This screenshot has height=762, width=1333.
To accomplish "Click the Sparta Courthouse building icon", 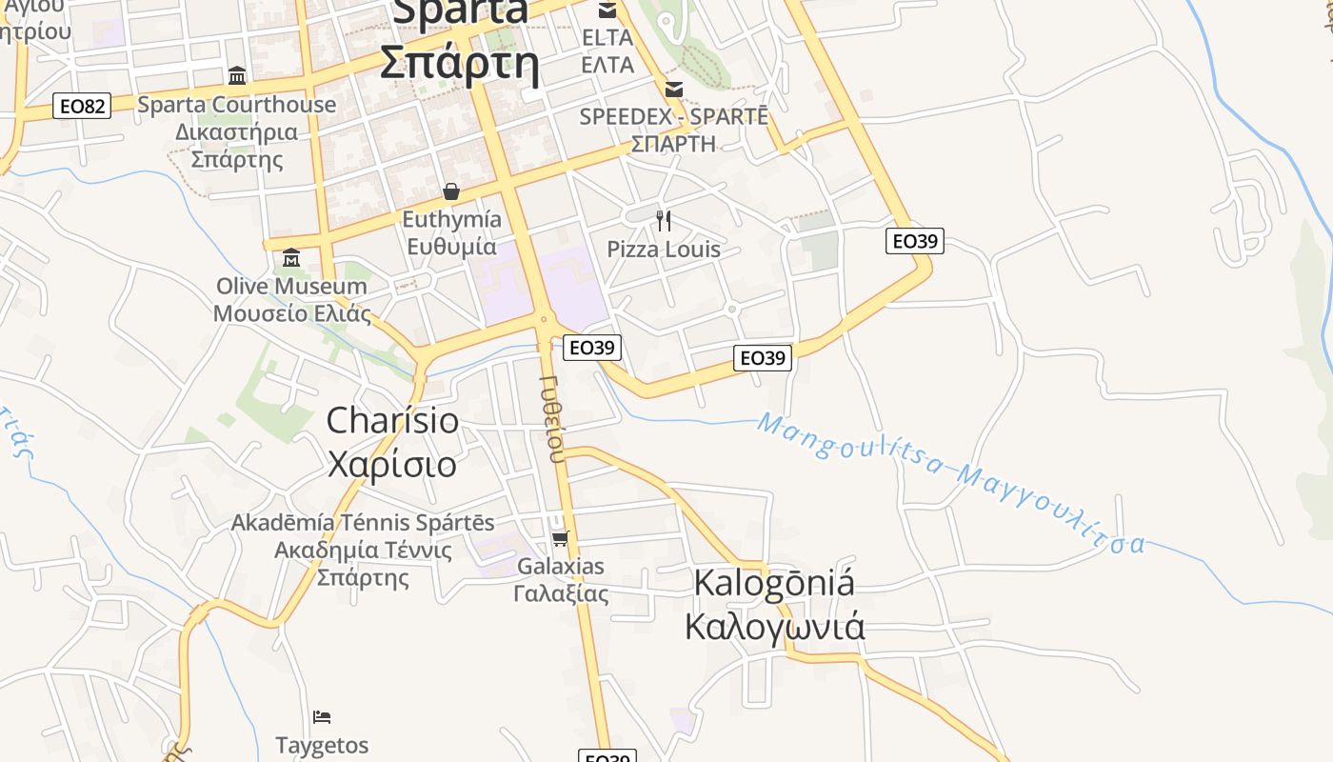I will [237, 75].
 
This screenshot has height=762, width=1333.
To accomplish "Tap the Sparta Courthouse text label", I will [237, 105].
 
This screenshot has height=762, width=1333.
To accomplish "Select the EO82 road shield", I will [82, 106].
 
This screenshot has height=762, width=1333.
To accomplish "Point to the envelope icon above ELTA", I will [607, 10].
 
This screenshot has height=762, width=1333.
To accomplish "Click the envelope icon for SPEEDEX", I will [674, 90].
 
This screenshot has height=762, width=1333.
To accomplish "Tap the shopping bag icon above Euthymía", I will [451, 191].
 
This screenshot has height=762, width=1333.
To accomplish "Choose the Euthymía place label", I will [450, 220].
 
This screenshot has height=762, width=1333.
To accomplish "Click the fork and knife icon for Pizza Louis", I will [664, 221].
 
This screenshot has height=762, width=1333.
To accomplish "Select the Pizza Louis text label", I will [664, 250].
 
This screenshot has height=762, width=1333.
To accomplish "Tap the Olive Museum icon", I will [291, 257].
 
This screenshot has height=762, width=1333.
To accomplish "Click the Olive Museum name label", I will [291, 286].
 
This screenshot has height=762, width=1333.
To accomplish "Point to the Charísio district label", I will [392, 420].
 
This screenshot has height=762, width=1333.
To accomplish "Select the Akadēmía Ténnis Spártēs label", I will [363, 523].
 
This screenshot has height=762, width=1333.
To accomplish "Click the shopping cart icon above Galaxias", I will [560, 538].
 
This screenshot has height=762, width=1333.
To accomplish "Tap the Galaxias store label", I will [560, 567].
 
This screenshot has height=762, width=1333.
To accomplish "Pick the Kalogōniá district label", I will [774, 583].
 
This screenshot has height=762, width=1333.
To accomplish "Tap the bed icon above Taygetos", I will [322, 716].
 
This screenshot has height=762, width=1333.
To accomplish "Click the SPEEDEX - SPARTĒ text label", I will [673, 116].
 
